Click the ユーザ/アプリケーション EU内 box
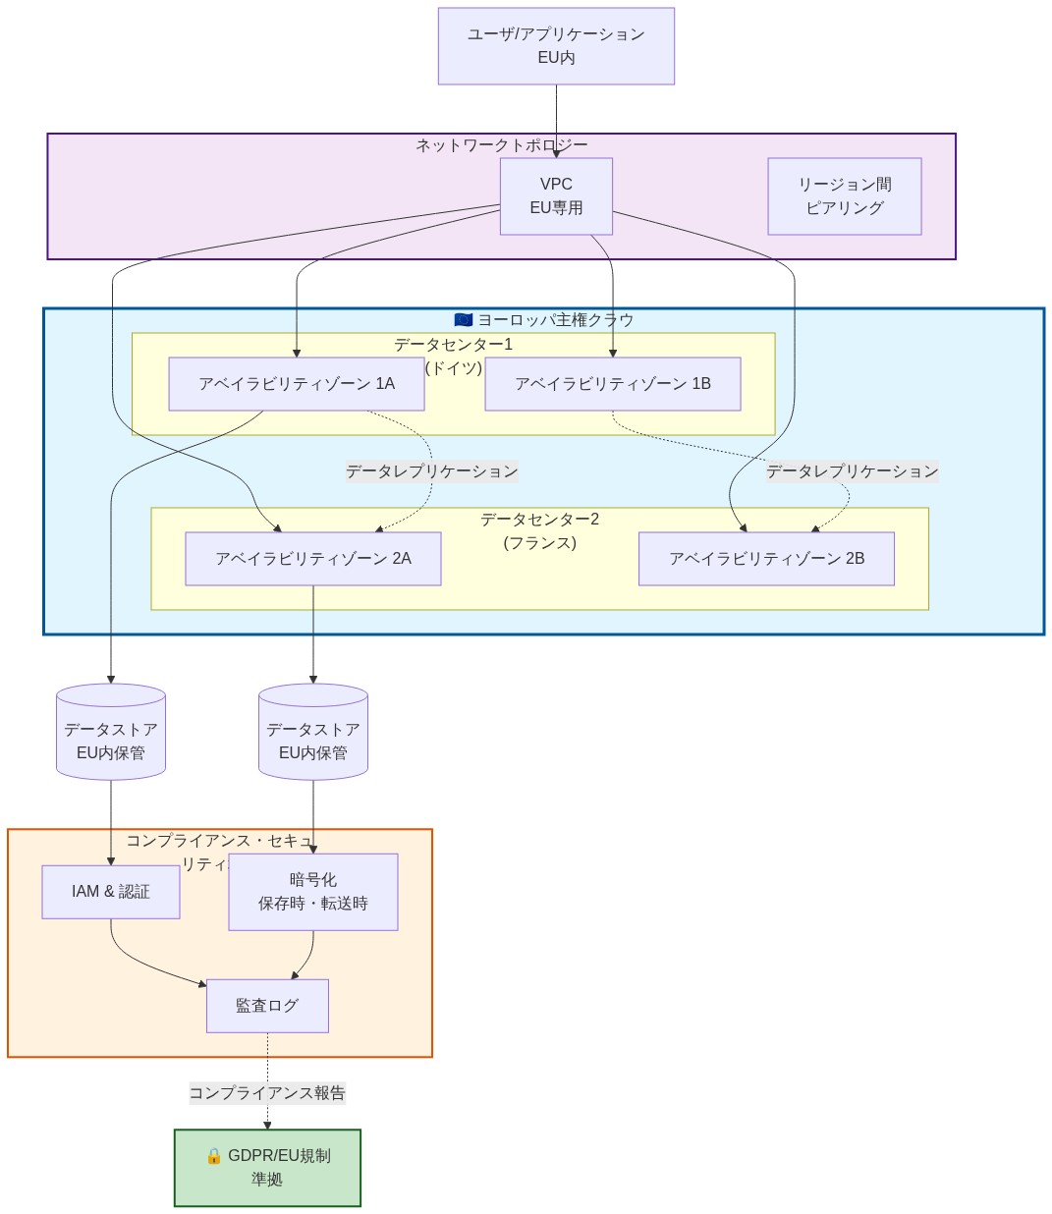point(556,46)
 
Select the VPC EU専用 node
point(556,196)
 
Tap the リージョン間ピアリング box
point(844,196)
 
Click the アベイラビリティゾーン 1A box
point(296,384)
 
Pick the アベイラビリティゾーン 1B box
point(612,384)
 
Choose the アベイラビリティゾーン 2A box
point(312,559)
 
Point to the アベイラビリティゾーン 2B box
point(766,559)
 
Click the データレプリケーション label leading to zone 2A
point(431,471)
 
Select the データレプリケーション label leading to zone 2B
point(852,471)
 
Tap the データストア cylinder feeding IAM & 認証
point(111,733)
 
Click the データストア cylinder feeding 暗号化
point(312,733)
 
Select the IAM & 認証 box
point(111,892)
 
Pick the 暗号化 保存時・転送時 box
point(312,892)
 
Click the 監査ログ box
point(267,1006)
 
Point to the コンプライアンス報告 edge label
point(267,1093)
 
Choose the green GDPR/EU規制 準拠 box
point(267,1168)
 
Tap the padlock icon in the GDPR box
point(213,1156)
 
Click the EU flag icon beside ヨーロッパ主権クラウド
point(464,320)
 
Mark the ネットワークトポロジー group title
point(501,145)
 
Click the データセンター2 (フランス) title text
point(539,530)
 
